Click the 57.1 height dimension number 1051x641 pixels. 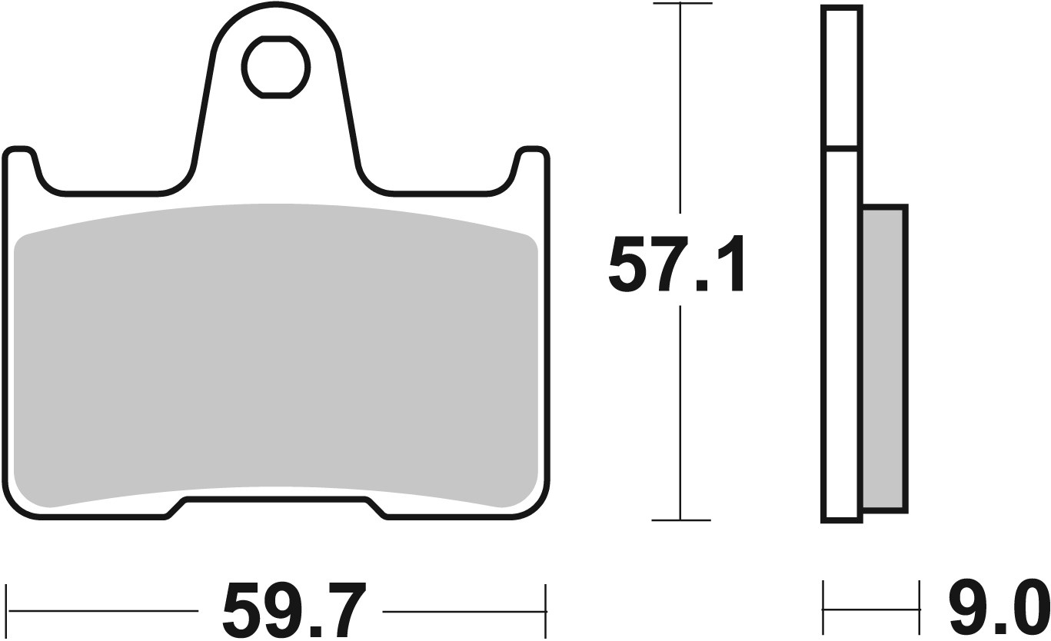(x=677, y=265)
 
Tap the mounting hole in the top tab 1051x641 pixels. (x=277, y=68)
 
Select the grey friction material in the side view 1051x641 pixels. (x=884, y=357)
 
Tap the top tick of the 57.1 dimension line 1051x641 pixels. (x=680, y=5)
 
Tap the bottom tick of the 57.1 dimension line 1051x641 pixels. (x=680, y=520)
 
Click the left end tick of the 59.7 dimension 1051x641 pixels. (x=7, y=611)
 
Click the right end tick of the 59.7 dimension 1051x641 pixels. (x=545, y=611)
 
